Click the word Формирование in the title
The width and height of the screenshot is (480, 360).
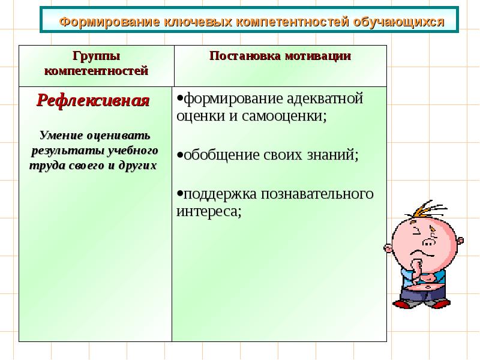coord(102,22)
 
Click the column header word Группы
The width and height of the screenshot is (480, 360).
coord(96,56)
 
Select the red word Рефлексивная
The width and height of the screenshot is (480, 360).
coord(93,100)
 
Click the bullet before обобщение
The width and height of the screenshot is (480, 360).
coord(179,155)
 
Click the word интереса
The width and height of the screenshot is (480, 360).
coord(208,212)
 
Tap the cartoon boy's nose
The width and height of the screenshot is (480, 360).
coord(430,243)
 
